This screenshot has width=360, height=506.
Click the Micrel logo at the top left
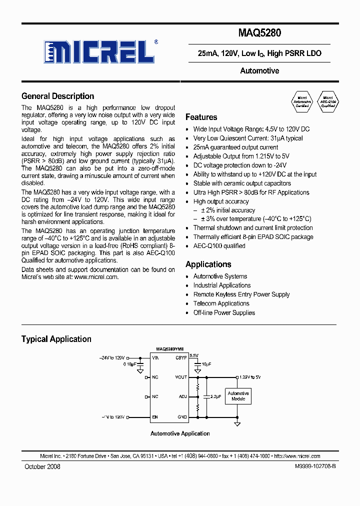coord(99,50)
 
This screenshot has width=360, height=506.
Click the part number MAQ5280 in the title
coord(259,33)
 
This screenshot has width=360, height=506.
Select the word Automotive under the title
coord(259,71)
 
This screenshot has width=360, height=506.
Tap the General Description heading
coord(57,96)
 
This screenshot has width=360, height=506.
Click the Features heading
coord(201,117)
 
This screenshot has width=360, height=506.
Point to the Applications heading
coord(208,264)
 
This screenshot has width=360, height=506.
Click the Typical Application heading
coord(56,339)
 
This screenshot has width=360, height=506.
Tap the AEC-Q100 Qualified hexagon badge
coord(328,102)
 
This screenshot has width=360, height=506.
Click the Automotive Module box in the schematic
coord(238,396)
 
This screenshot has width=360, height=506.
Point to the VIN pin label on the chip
coord(155,358)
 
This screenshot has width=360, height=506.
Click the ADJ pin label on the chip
coord(183,396)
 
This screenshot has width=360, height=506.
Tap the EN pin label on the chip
coord(155,416)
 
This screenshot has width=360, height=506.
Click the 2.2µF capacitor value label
coord(215,396)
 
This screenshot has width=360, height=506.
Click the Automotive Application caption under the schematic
coord(180,433)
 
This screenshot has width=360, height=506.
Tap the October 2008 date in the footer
coord(42,466)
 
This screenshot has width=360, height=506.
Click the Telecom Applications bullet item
coord(221,303)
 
